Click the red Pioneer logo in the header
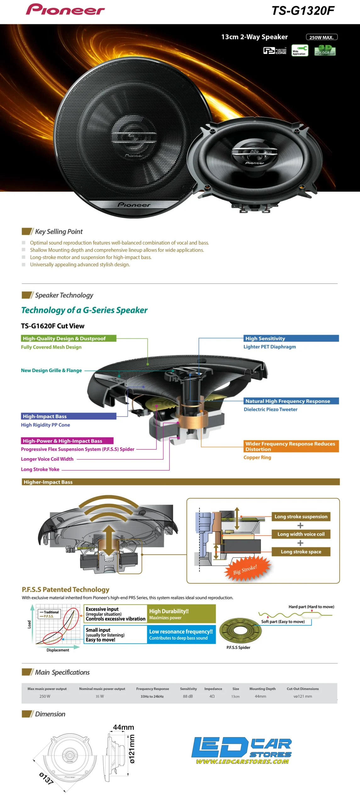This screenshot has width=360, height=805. [65, 10]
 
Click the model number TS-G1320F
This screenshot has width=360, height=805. [302, 11]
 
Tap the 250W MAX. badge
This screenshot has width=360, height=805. [321, 37]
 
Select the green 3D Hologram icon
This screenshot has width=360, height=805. [325, 50]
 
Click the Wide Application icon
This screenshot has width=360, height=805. [300, 50]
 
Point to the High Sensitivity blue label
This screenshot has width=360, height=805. [291, 338]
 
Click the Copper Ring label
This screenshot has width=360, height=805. [257, 458]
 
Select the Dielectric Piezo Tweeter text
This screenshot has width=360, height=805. [270, 409]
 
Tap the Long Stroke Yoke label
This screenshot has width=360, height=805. [40, 469]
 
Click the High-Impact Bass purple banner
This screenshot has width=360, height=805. [69, 416]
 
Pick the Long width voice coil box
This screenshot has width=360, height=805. [301, 534]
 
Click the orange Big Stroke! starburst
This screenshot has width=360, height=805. [245, 569]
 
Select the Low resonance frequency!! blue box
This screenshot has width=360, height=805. [181, 634]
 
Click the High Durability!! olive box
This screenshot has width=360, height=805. [181, 614]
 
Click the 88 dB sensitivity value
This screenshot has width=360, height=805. [188, 696]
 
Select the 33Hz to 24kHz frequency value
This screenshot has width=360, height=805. [152, 696]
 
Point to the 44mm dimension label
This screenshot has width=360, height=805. [123, 727]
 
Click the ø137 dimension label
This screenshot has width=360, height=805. [46, 779]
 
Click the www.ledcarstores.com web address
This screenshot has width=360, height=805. [242, 761]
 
